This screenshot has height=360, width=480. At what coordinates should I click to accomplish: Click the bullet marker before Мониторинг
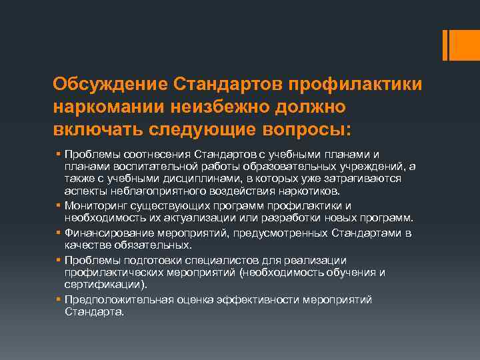tap(59, 206)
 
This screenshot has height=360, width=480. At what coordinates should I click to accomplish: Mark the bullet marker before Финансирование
tap(59, 233)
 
